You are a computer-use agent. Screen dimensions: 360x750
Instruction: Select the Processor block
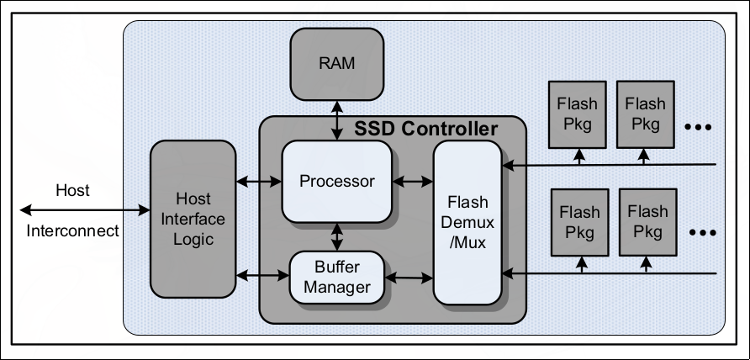pyautogui.click(x=337, y=181)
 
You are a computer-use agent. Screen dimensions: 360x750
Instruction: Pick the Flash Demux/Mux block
pyautogui.click(x=467, y=223)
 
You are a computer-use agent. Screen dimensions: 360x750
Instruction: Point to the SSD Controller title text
pyautogui.click(x=425, y=130)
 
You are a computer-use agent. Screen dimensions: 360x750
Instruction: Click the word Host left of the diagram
pyautogui.click(x=72, y=190)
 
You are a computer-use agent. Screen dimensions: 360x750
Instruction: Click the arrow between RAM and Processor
pyautogui.click(x=337, y=119)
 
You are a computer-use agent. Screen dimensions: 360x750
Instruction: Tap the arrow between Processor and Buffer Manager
pyautogui.click(x=337, y=237)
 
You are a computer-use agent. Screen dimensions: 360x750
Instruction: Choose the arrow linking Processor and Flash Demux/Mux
pyautogui.click(x=413, y=180)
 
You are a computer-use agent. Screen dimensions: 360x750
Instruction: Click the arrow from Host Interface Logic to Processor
pyautogui.click(x=259, y=180)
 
